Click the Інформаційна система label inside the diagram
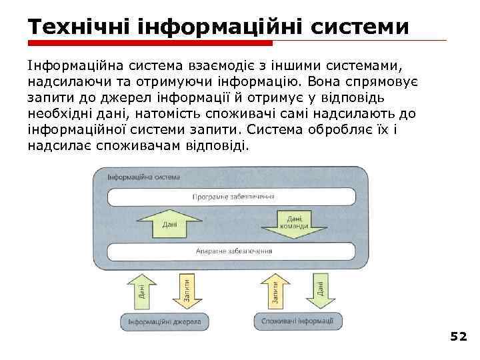click(x=144, y=177)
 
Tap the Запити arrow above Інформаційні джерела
click(x=186, y=290)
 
